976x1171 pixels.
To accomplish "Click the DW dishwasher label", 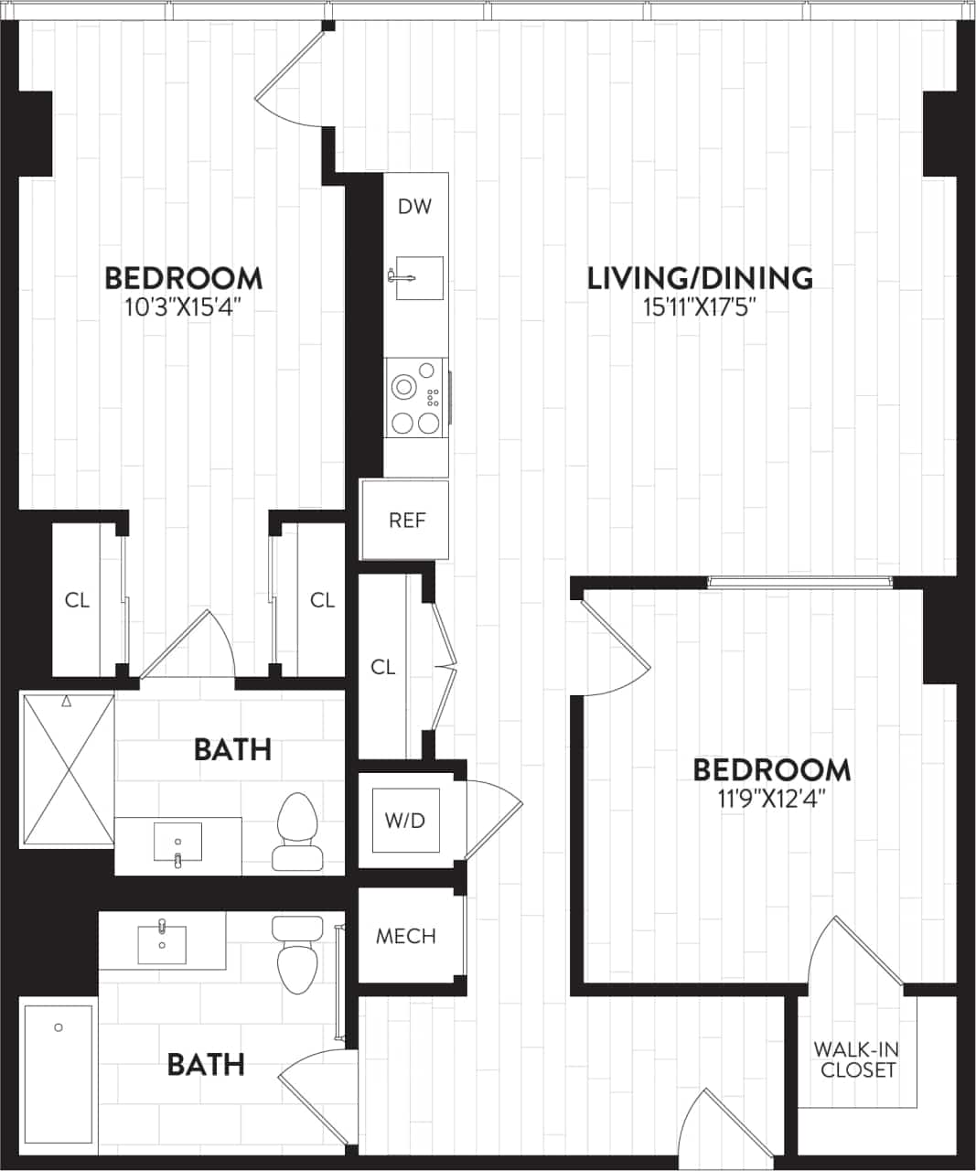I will pos(414,207).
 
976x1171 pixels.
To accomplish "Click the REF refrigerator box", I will pos(406,520).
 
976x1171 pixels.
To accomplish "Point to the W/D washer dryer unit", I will pos(404,820).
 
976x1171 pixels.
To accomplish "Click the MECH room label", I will pos(406,937).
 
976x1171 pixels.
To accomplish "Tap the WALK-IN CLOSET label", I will pos(857,1059).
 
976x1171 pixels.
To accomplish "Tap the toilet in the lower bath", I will pos(295,957).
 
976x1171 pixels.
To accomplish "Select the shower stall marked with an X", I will pos(68,770).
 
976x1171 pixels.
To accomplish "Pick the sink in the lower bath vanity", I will pos(162,942).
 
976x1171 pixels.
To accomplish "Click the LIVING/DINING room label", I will pos(700,277).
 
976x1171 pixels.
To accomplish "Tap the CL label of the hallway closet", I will pos(383,668).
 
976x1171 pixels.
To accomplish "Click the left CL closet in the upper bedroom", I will pos(77,600).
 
